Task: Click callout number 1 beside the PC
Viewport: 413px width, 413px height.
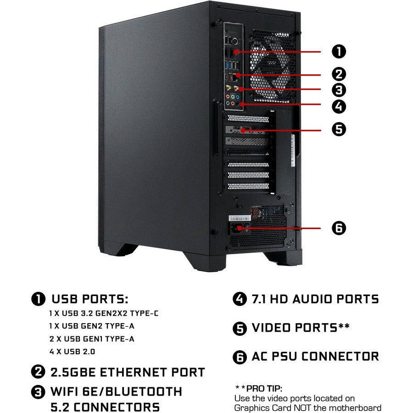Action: coord(339,51)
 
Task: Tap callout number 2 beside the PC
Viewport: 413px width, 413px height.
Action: coord(339,74)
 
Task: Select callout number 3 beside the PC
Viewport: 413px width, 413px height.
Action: coord(339,89)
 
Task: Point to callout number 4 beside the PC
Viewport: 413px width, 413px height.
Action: coord(339,107)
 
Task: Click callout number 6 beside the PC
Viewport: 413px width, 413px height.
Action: coord(339,228)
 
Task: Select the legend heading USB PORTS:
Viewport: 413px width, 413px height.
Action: coord(89,299)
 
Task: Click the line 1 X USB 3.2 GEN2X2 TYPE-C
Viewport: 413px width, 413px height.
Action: coord(104,314)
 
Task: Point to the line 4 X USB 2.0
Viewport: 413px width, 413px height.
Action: coord(73,352)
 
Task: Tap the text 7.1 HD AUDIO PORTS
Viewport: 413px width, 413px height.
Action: coord(315,299)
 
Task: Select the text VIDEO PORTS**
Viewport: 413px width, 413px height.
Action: coord(301,328)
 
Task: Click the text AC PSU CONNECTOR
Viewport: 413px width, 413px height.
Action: coord(315,357)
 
